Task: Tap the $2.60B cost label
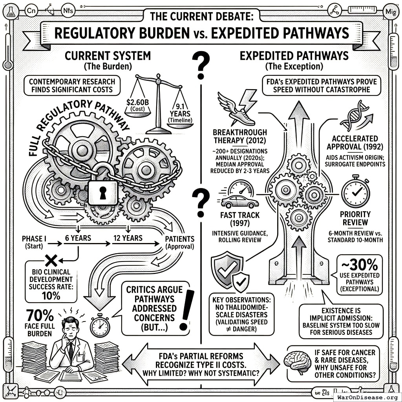click(137, 104)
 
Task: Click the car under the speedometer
click(240, 202)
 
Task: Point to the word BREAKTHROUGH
click(240, 132)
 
